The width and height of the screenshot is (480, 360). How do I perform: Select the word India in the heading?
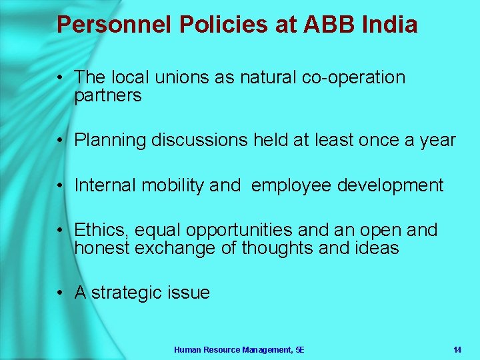point(390,25)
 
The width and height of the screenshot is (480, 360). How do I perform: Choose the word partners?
point(108,96)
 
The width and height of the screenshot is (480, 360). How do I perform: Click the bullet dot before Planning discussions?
point(60,141)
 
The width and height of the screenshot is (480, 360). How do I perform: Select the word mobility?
point(172,185)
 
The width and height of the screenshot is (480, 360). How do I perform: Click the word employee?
point(291,185)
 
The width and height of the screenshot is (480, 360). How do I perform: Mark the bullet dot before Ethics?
point(60,231)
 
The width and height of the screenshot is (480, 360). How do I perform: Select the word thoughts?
point(283,249)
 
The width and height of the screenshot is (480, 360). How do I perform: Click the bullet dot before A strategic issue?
point(60,293)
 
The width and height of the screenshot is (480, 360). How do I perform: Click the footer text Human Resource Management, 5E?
point(239,349)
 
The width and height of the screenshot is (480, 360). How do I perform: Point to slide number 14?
point(457,349)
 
